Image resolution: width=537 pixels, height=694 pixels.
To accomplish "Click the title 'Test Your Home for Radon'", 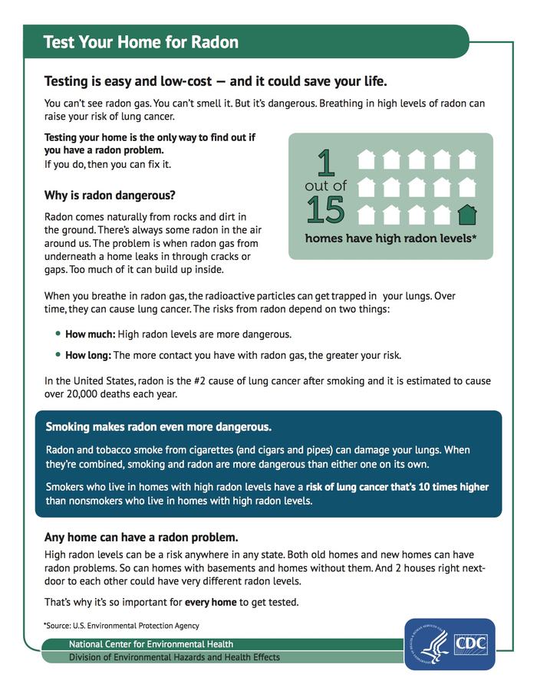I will click(140, 42).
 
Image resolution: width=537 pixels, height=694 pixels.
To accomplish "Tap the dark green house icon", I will click(466, 213).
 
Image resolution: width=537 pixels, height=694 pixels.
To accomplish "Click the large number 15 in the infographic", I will click(325, 209).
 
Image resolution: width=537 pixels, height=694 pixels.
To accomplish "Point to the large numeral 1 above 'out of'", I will click(326, 163).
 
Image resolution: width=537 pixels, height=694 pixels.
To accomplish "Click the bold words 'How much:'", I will click(90, 334).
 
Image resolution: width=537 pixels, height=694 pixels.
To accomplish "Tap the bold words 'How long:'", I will click(88, 355).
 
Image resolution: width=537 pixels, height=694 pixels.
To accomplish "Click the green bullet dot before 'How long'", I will click(58, 355).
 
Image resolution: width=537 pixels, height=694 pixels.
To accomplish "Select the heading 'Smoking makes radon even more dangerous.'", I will click(159, 426).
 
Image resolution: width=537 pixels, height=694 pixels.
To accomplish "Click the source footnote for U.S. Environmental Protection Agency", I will click(121, 626).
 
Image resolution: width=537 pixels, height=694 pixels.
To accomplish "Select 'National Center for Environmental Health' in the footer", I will click(151, 644).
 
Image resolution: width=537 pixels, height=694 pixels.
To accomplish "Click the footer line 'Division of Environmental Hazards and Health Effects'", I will click(174, 657).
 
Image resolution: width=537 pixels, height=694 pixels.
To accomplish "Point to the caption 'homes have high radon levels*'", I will click(390, 238).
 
